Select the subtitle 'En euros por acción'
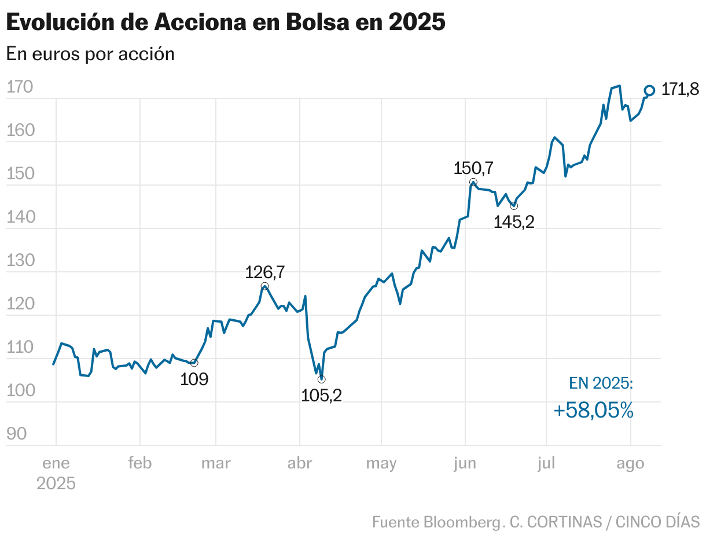[x=90, y=54]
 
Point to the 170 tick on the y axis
[x=20, y=87]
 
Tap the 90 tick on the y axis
[x=17, y=434]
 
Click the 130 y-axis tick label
[x=20, y=261]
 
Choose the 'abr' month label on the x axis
[x=300, y=463]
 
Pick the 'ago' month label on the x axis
[x=630, y=463]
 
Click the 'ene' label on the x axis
[x=56, y=463]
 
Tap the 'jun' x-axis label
[x=465, y=463]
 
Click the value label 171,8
[x=680, y=90]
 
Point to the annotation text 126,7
[x=265, y=272]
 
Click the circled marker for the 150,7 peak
[x=473, y=182]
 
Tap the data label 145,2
[x=514, y=222]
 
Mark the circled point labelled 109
[x=194, y=363]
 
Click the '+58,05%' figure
[x=593, y=411]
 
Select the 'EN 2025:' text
[x=601, y=383]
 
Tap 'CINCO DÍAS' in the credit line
[x=657, y=522]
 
